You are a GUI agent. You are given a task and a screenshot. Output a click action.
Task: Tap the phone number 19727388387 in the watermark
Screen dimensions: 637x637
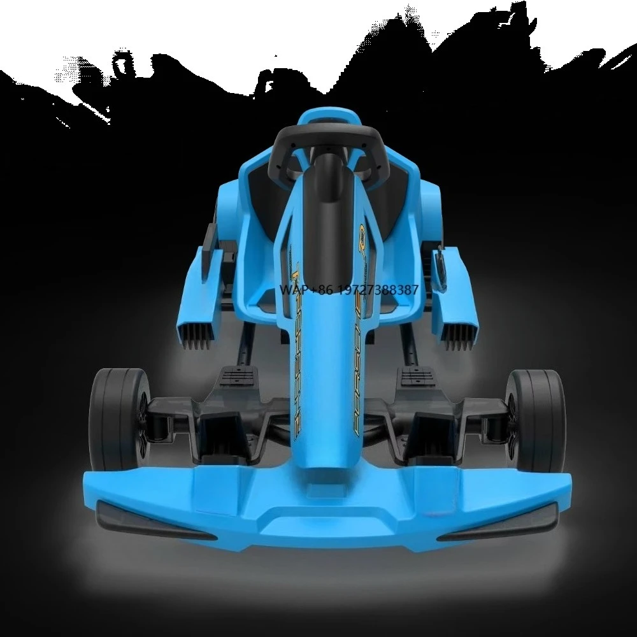pos(376,290)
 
